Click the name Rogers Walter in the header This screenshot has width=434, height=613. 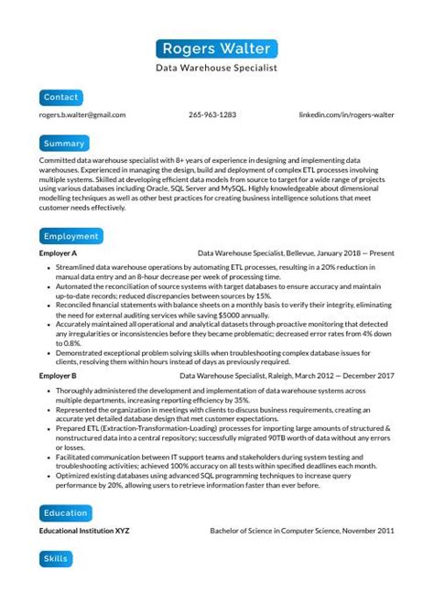tap(216, 48)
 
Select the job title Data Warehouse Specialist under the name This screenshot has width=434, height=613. tap(216, 68)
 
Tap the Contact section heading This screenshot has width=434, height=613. tap(61, 97)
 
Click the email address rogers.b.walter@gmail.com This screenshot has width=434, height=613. tap(82, 115)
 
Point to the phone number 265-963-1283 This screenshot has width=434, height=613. tap(212, 115)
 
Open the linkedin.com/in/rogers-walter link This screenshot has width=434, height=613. tap(347, 115)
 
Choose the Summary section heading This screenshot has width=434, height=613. tap(64, 144)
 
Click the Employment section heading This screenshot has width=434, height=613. tap(71, 236)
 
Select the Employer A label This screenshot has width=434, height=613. tap(58, 253)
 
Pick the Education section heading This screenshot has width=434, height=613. tap(66, 513)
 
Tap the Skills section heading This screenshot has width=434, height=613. tap(55, 558)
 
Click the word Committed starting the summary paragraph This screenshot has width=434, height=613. tap(59, 160)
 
